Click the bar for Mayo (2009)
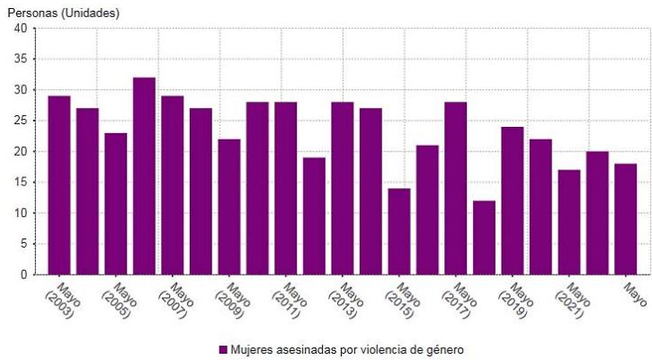tap(229, 206)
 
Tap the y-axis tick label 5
tap(22, 244)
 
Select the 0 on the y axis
tap(22, 274)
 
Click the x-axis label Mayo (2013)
tap(346, 301)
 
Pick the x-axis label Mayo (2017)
tap(460, 301)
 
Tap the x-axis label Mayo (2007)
tap(176, 301)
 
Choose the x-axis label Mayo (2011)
tap(290, 301)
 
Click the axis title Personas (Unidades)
tap(63, 13)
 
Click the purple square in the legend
tap(222, 349)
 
